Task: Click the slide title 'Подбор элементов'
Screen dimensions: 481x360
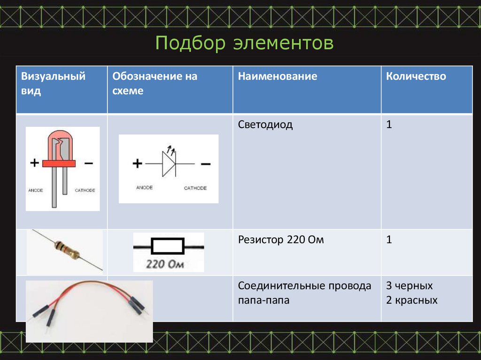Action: pos(244,43)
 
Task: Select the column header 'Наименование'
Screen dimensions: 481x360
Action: pos(277,76)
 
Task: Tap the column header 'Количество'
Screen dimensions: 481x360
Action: pos(416,76)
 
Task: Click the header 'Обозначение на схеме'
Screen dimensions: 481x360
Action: pos(155,83)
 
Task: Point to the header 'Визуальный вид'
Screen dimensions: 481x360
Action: pos(53,83)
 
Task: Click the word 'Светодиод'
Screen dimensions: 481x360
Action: pos(265,125)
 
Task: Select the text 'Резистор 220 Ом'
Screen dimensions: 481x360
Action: pos(281,240)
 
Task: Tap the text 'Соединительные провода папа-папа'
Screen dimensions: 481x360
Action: pos(304,293)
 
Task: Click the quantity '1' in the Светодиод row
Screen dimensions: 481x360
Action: pos(389,125)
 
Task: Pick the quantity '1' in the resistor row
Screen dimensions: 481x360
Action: pos(389,240)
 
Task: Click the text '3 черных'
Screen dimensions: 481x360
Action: pos(409,286)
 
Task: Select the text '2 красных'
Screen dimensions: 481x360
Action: pos(411,300)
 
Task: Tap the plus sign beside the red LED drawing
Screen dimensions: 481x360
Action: pos(34,163)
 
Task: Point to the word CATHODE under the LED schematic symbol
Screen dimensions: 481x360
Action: pos(195,188)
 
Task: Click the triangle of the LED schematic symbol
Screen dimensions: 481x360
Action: pos(168,164)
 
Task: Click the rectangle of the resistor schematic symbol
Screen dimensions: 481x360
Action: pos(167,246)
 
